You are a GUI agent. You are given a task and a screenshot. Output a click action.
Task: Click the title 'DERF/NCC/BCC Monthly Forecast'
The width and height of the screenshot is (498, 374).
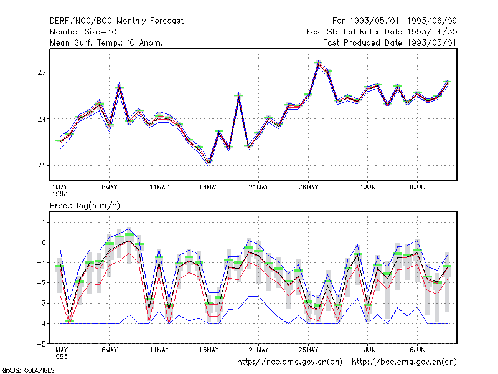tap(116, 21)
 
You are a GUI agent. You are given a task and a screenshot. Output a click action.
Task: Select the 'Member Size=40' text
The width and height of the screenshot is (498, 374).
tap(83, 32)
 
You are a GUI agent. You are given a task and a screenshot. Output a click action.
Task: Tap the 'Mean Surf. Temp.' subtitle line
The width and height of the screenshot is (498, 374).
tap(106, 42)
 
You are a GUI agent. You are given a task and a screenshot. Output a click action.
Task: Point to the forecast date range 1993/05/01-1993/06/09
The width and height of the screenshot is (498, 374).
tap(395, 21)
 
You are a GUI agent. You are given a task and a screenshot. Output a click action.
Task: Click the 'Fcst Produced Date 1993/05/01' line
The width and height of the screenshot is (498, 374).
tap(390, 42)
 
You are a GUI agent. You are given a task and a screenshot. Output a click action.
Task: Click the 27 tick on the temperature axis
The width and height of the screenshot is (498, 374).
tap(42, 72)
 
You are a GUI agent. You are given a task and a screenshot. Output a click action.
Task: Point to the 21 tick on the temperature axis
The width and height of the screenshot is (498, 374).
tap(42, 166)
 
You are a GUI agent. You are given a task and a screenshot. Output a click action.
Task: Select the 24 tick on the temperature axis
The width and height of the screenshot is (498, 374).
tap(42, 119)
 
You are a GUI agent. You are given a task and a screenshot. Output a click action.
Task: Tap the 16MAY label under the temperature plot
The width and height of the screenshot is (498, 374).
tap(209, 188)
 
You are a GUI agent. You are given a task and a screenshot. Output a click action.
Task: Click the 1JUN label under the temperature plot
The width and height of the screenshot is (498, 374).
tap(368, 188)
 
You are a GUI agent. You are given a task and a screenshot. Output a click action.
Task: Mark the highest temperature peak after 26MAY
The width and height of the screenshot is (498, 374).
tap(318, 63)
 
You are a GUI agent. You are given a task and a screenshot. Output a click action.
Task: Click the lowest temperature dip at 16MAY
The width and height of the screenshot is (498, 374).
tap(209, 163)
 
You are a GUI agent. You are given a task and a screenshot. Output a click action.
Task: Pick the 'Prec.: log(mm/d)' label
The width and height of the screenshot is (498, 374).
tap(85, 206)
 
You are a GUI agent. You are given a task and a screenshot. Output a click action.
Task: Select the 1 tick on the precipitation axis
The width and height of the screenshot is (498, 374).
tap(44, 222)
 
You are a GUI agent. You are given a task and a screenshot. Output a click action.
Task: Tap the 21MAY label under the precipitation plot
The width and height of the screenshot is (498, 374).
tap(258, 350)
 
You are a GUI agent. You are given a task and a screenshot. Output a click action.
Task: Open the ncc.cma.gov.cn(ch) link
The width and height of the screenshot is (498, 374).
tap(289, 362)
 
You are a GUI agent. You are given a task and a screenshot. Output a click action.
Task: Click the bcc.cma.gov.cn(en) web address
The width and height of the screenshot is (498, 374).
tap(404, 362)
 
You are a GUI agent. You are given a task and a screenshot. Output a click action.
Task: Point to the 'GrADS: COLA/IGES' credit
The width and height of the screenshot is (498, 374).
tap(28, 370)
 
